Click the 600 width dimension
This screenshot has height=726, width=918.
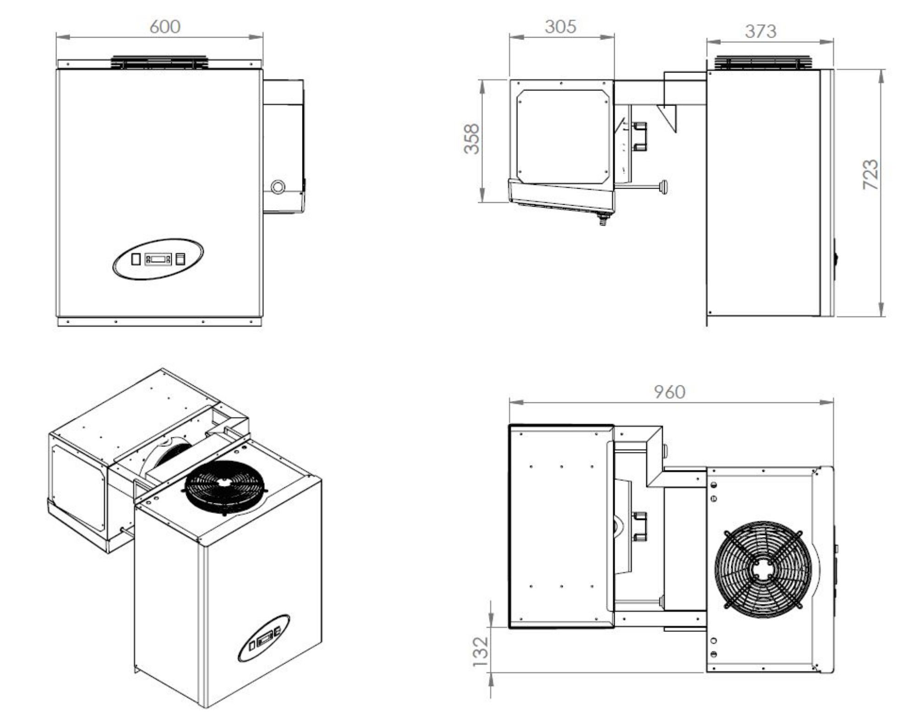tap(165, 27)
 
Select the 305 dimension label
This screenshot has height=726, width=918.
tap(560, 27)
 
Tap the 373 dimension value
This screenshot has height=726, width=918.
tap(761, 31)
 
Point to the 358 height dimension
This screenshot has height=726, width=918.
tap(472, 139)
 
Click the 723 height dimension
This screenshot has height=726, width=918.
tap(870, 174)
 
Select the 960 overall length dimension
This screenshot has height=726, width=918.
tap(670, 392)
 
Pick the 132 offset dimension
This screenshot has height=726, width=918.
tap(480, 651)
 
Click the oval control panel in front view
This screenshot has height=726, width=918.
tap(158, 258)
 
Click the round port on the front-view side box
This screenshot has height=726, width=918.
tap(278, 186)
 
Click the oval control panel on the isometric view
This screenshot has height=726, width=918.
tap(263, 638)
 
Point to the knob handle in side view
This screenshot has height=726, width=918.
tap(663, 187)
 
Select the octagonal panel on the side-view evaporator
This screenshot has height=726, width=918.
tap(563, 136)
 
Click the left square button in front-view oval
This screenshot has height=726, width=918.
tap(135, 259)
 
